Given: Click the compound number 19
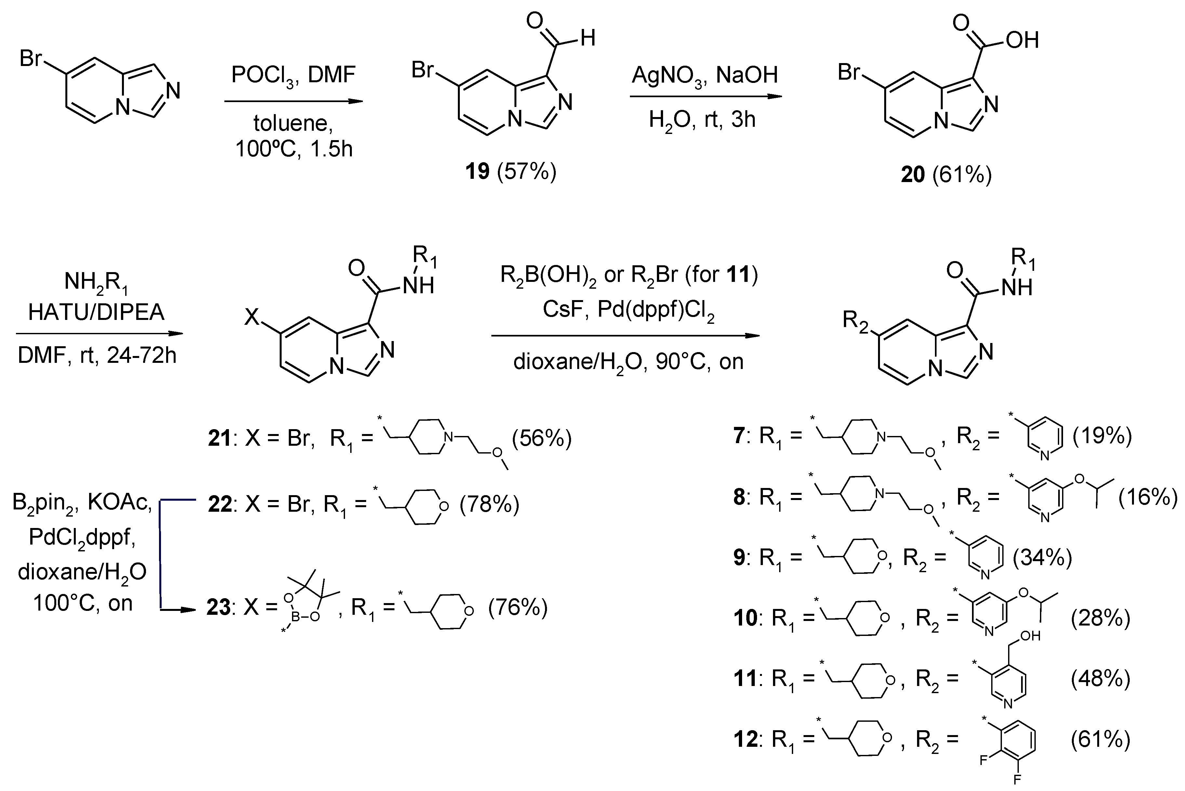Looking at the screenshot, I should tap(477, 172).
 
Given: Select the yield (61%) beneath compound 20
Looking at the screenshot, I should tap(962, 175).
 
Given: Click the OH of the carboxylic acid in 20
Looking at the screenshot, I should tap(1022, 40).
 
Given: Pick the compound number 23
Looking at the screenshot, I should tap(219, 607).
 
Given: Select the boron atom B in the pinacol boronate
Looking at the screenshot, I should tap(296, 616).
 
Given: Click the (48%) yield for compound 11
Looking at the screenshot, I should tap(1100, 679).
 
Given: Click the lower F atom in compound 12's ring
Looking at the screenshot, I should tap(1017, 779).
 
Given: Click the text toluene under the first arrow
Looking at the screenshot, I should tap(293, 123).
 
